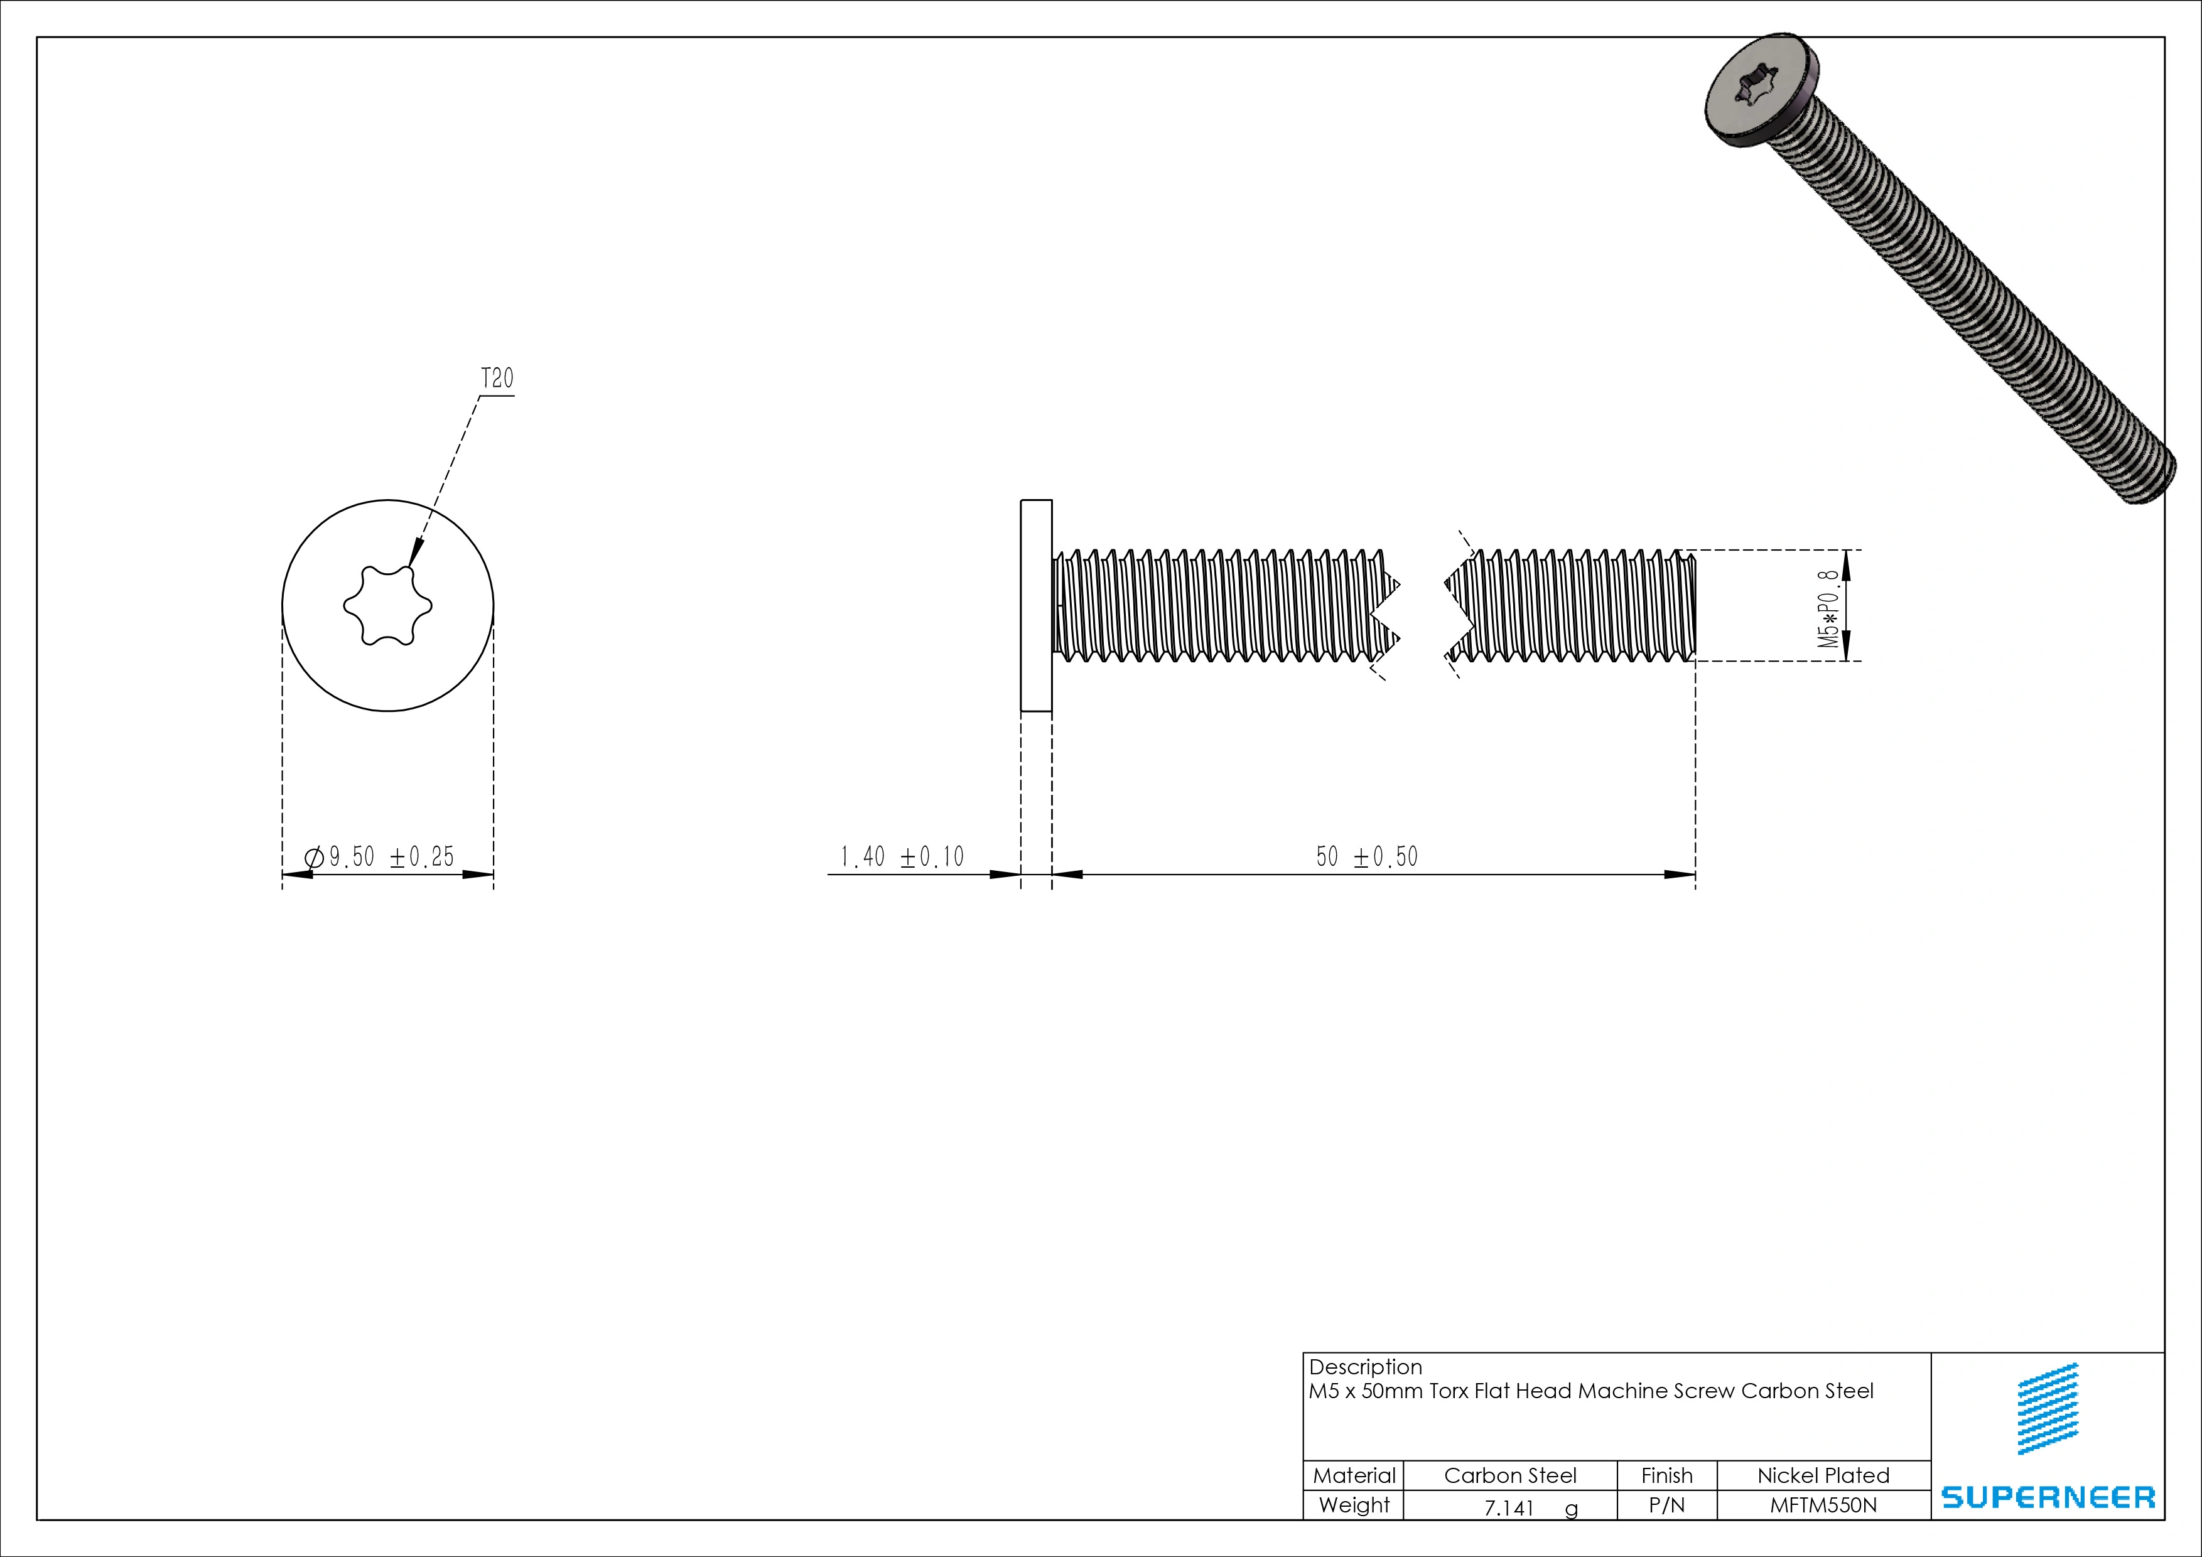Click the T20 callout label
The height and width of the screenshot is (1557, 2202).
tap(497, 379)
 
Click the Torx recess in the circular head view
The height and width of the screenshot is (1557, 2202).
tap(387, 605)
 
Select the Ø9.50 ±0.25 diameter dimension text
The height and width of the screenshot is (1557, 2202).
tap(380, 856)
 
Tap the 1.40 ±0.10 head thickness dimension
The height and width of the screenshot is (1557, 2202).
tap(902, 856)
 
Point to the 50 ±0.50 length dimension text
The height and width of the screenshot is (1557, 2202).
tap(1367, 856)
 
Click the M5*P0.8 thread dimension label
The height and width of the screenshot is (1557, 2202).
tap(1829, 609)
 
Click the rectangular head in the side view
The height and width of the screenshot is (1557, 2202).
tap(1036, 605)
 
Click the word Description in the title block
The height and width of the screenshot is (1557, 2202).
tap(1365, 1367)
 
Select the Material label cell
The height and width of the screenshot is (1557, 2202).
tap(1353, 1475)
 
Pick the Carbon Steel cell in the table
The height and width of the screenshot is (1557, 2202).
tap(1509, 1475)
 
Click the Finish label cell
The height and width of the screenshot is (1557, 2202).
tap(1667, 1475)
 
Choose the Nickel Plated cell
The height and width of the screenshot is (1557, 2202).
tap(1822, 1475)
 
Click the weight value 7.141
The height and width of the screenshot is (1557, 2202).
tap(1509, 1508)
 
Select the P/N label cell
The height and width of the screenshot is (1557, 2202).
tap(1667, 1506)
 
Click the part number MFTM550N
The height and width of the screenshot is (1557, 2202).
tap(1822, 1506)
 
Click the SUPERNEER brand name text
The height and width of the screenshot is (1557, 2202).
tap(2048, 1497)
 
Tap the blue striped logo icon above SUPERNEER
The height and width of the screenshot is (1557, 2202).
tap(2048, 1408)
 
